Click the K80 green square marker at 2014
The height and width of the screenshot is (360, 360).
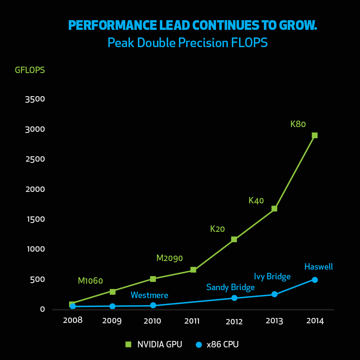pyautogui.click(x=315, y=135)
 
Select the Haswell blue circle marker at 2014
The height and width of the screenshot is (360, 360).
pyautogui.click(x=315, y=280)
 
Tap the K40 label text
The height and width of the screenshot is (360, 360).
pyautogui.click(x=256, y=201)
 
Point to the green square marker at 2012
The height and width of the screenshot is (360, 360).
pyautogui.click(x=234, y=239)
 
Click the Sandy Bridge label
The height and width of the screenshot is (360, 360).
pyautogui.click(x=230, y=287)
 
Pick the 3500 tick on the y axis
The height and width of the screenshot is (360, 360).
pyautogui.click(x=35, y=99)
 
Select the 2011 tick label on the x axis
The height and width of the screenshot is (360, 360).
pyautogui.click(x=192, y=321)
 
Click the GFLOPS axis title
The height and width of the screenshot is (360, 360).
pyautogui.click(x=30, y=70)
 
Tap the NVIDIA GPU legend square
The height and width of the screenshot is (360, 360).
pyautogui.click(x=129, y=344)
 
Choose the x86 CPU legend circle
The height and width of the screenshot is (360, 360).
pyautogui.click(x=199, y=345)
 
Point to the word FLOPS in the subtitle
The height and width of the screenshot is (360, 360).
pyautogui.click(x=249, y=43)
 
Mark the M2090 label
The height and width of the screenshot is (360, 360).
pyautogui.click(x=170, y=258)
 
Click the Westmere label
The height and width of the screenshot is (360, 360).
pyautogui.click(x=149, y=295)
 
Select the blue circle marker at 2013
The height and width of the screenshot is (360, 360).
pyautogui.click(x=274, y=294)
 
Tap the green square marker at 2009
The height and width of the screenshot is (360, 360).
pyautogui.click(x=112, y=292)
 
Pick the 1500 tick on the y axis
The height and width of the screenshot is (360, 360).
pyautogui.click(x=36, y=219)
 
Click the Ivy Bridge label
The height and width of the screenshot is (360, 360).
pyautogui.click(x=272, y=276)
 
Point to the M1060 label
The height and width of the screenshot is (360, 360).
pyautogui.click(x=90, y=280)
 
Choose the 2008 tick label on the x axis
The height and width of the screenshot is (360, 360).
pyautogui.click(x=73, y=320)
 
